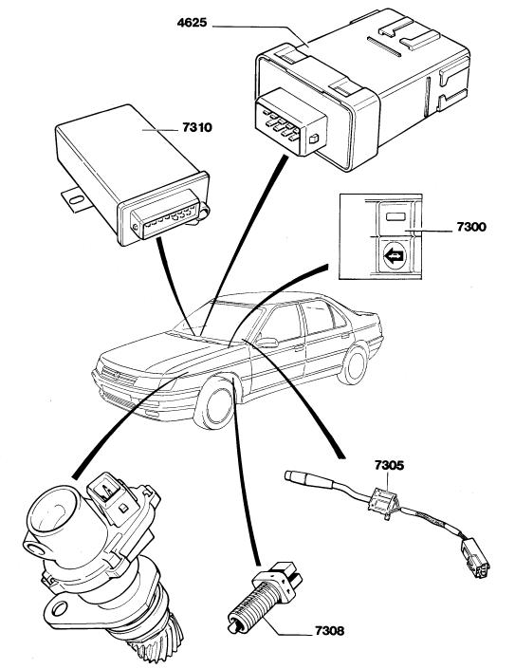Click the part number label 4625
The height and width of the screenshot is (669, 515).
click(192, 22)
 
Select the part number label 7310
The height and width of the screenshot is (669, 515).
click(197, 127)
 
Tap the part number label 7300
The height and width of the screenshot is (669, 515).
click(471, 227)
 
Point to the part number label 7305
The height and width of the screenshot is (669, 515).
click(389, 465)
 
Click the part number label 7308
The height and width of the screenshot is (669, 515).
click(329, 631)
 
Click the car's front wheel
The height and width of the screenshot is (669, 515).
click(214, 404)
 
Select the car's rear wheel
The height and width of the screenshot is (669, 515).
click(353, 365)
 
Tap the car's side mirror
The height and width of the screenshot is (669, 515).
click(267, 343)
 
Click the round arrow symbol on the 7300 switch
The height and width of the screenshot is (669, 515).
click(395, 256)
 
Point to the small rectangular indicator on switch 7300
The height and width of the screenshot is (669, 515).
click(395, 216)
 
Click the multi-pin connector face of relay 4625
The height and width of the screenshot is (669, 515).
click(290, 121)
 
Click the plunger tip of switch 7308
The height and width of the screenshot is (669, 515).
click(232, 627)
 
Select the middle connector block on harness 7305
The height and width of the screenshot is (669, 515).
click(383, 503)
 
